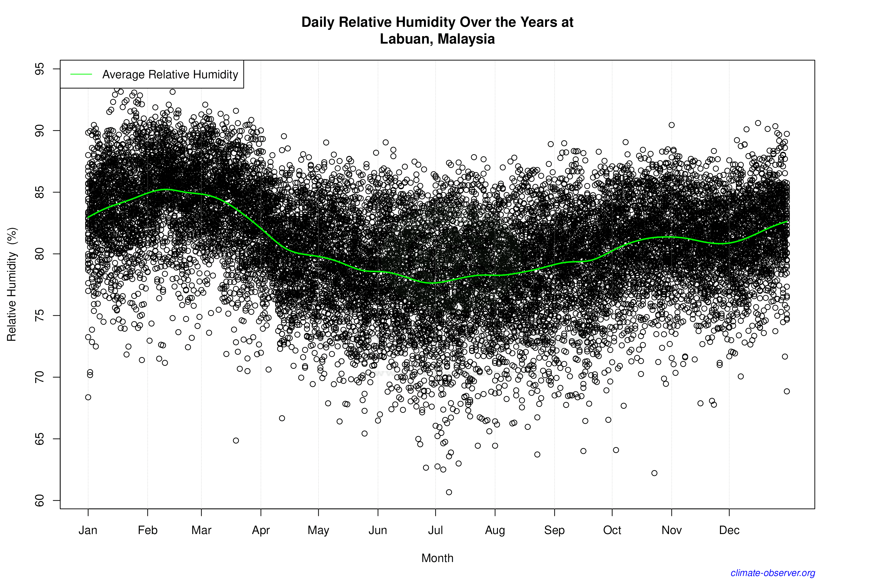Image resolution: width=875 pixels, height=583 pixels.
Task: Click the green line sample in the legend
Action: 81,74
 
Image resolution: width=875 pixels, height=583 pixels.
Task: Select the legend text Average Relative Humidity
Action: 170,74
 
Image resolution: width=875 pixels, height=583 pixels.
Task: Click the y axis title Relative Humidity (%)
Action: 12,285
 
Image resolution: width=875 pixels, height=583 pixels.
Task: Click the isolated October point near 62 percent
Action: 654,473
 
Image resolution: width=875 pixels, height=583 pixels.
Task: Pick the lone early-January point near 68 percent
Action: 88,397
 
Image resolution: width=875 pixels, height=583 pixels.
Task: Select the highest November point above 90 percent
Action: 672,125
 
